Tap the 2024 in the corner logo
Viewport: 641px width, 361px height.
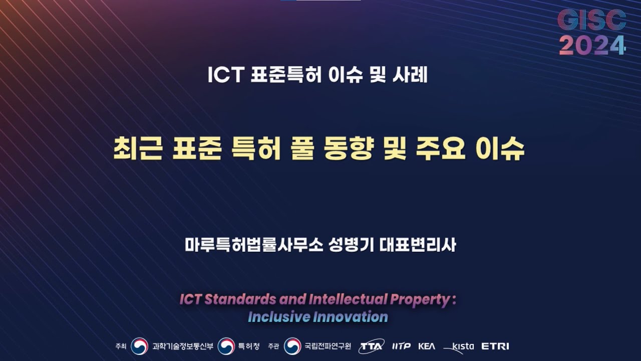click(x=592, y=46)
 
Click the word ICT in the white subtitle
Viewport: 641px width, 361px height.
click(x=225, y=75)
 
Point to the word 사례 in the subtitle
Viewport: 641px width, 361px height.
click(x=412, y=75)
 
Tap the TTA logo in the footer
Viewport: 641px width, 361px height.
click(x=372, y=346)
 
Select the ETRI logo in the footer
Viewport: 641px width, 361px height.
click(x=495, y=346)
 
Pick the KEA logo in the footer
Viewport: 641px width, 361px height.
click(x=427, y=346)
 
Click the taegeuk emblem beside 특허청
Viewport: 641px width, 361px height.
click(x=226, y=346)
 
